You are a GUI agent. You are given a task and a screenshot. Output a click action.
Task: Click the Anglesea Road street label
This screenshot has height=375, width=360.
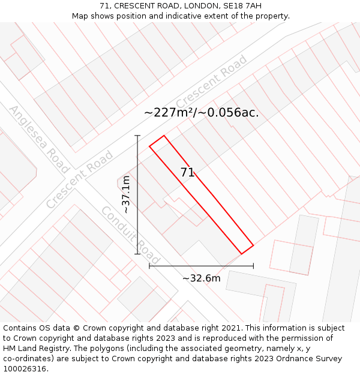[x=40, y=139]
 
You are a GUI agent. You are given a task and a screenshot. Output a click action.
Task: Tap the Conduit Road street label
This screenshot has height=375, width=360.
[x=130, y=235]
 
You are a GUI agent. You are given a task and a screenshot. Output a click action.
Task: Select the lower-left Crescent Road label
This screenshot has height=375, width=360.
[x=79, y=179]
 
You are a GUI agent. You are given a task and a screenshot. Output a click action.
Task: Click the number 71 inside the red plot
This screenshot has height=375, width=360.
[x=187, y=172]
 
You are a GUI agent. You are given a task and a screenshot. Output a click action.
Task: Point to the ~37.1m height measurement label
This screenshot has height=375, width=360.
[x=126, y=195]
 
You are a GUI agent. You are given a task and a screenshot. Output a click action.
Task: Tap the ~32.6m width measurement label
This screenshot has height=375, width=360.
[x=201, y=278]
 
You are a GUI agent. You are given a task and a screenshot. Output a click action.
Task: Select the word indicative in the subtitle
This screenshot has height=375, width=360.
[x=185, y=16]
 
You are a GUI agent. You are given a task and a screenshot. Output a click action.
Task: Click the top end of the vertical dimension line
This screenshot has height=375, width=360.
[x=137, y=136]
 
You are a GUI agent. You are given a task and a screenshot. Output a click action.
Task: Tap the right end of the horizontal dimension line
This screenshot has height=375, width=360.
[x=253, y=266]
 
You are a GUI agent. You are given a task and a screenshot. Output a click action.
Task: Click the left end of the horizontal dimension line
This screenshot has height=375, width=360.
[x=149, y=266]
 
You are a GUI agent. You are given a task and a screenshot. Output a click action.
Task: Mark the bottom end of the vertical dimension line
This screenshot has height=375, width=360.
[x=137, y=254]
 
